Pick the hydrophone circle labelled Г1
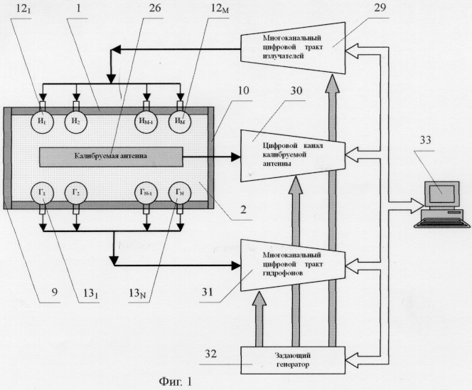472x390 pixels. (44, 193)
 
